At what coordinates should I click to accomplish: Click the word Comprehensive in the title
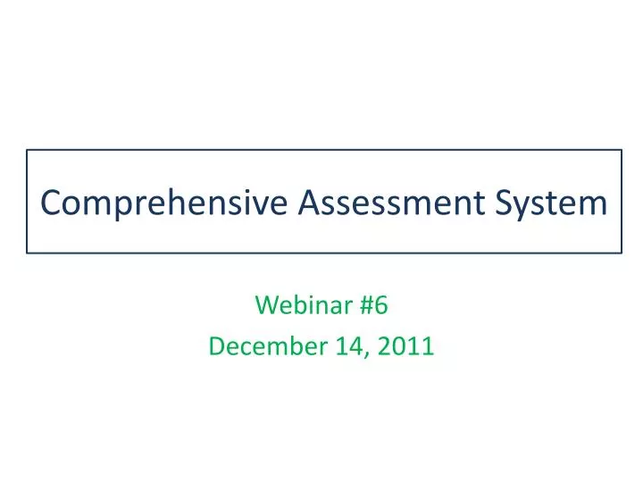click(x=165, y=204)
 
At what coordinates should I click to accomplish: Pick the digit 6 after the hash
click(x=381, y=306)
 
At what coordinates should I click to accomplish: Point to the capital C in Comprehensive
click(x=51, y=203)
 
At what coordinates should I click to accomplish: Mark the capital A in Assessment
click(x=309, y=203)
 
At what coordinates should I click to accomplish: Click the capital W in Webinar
click(x=265, y=306)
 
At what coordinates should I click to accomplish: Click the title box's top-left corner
click(x=27, y=150)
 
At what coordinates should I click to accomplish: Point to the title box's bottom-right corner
click(x=622, y=253)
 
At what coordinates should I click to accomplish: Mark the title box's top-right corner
click(x=622, y=150)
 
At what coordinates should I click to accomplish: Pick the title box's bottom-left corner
click(x=27, y=253)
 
